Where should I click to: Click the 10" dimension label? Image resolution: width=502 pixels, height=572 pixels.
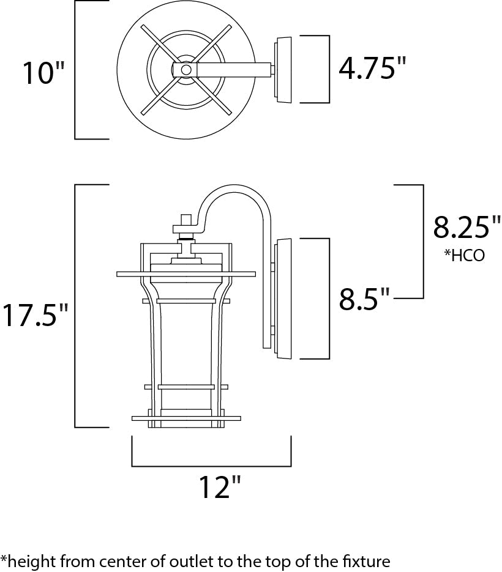[x=43, y=73]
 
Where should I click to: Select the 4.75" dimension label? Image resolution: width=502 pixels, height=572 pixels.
[x=372, y=69]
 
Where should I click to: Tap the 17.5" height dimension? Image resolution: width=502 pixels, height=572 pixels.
[x=35, y=315]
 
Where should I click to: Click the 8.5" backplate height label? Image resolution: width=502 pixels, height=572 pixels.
[x=365, y=300]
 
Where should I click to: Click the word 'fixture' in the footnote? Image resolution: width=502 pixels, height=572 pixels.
[x=367, y=560]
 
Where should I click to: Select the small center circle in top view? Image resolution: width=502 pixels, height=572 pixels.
[x=185, y=70]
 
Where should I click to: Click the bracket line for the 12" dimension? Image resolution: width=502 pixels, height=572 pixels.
[x=211, y=466]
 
